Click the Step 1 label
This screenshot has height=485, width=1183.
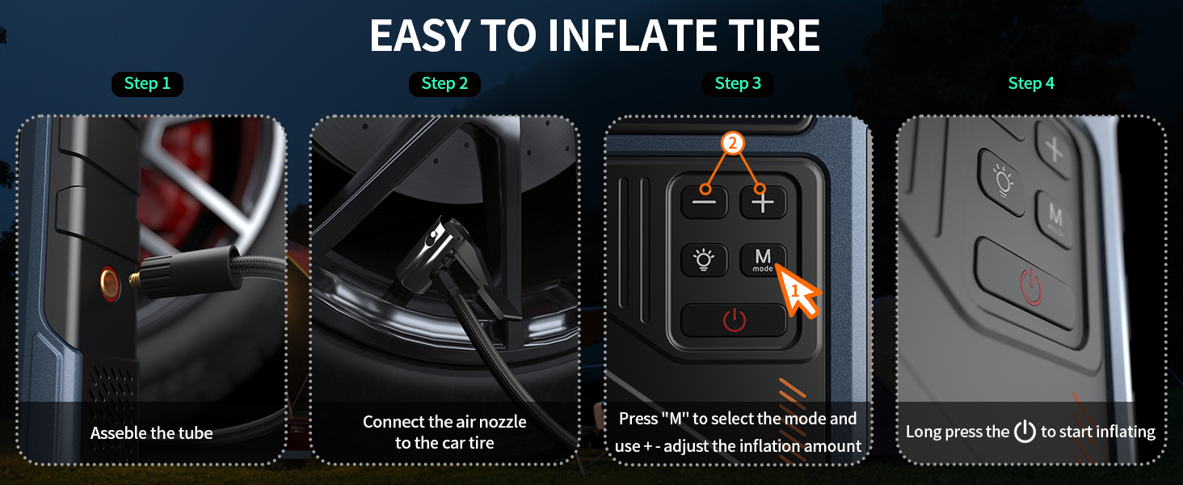point(147,83)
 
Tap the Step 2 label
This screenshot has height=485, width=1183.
point(444,83)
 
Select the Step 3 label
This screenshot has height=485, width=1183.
point(738,83)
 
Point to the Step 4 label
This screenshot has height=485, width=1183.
point(1031,83)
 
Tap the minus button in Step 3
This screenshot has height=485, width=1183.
point(705,202)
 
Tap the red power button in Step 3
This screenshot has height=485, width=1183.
point(734,320)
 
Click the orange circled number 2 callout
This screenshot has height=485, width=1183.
point(733,143)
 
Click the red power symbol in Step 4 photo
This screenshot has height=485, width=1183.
point(1030,287)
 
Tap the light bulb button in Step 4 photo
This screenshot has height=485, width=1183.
point(1001,182)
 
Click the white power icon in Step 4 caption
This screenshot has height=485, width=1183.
point(1025,431)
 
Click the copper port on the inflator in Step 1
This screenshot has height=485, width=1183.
point(110,284)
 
